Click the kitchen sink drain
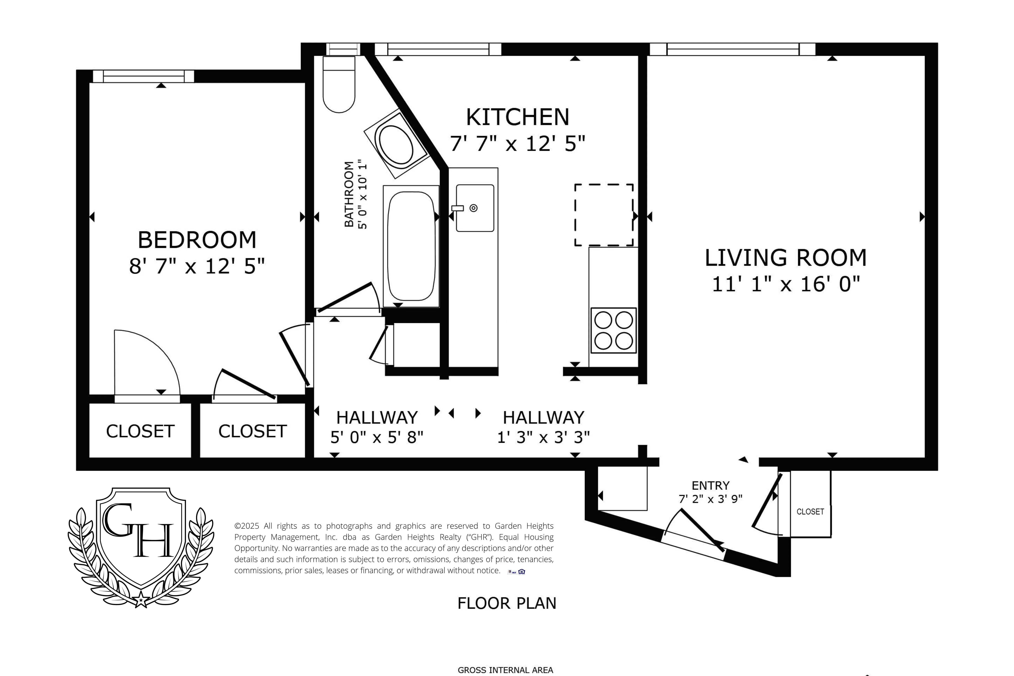(x=473, y=208)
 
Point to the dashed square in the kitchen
(x=604, y=215)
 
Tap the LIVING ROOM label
(x=786, y=258)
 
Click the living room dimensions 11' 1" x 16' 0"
(x=786, y=284)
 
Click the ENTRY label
(x=710, y=486)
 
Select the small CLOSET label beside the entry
(x=810, y=512)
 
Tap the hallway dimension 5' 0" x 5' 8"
(x=377, y=438)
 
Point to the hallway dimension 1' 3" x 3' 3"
(x=543, y=438)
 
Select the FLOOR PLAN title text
(x=507, y=603)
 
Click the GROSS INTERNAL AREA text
(x=505, y=670)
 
